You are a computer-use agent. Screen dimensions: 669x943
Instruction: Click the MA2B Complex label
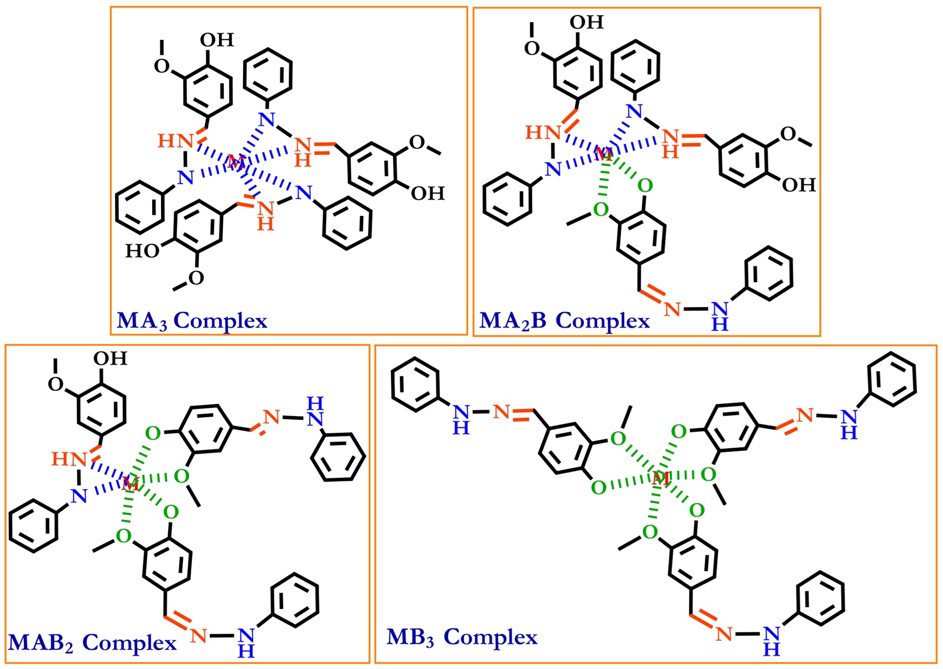click(564, 320)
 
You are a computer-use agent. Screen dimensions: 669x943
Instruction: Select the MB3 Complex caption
click(461, 637)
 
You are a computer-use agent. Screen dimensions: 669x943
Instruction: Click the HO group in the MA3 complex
click(142, 251)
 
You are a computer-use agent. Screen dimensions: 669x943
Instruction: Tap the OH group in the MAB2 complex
click(110, 359)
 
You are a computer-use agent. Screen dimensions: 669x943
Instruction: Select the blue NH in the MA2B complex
click(720, 316)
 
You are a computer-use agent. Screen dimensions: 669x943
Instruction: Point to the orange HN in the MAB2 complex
click(69, 459)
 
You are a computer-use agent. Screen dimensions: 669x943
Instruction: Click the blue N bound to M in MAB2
click(79, 496)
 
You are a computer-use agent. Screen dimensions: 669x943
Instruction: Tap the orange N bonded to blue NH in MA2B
click(673, 309)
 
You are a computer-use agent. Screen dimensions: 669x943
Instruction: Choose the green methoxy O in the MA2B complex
click(601, 210)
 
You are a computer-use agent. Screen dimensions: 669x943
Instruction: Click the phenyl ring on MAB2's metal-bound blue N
click(34, 525)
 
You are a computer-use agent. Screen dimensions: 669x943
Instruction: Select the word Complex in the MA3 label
click(221, 320)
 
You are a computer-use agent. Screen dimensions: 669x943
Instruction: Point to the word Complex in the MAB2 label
click(129, 642)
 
